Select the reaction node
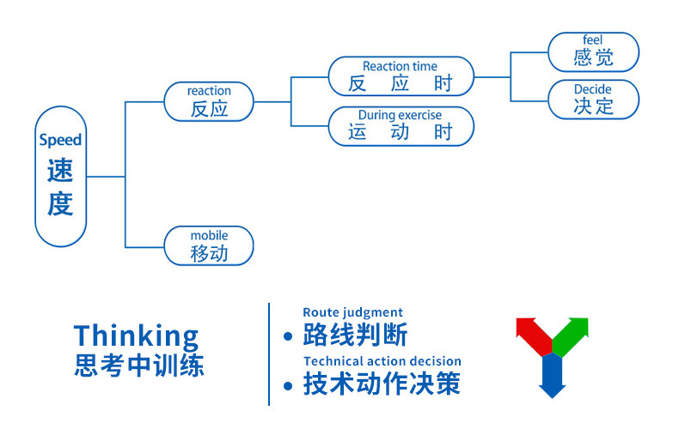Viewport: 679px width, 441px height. click(209, 101)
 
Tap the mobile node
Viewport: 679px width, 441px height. click(209, 245)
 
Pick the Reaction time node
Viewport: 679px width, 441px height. click(400, 76)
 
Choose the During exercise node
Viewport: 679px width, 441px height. click(400, 125)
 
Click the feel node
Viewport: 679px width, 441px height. click(593, 51)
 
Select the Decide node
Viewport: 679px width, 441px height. click(593, 99)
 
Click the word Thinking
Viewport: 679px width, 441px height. click(136, 335)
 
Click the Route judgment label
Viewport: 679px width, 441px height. click(352, 312)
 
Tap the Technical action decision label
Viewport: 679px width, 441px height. click(382, 361)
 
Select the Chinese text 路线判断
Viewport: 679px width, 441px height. click(355, 335)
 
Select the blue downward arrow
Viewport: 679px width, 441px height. click(552, 378)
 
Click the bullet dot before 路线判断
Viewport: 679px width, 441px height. click(289, 336)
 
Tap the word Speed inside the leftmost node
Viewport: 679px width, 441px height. click(60, 140)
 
